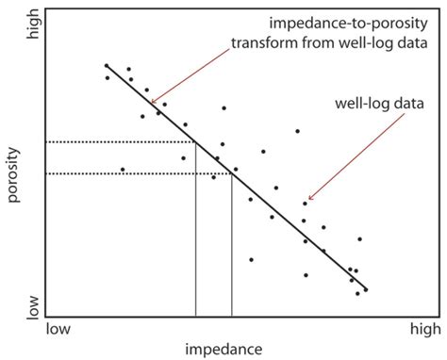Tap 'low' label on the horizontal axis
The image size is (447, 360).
58,330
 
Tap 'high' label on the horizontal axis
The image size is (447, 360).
423,330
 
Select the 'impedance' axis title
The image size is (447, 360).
223,349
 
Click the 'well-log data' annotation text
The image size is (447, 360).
376,103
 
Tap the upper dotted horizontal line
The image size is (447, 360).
118,142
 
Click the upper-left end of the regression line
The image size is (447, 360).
106,66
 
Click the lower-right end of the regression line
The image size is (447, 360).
366,289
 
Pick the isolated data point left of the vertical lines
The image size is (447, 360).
123,170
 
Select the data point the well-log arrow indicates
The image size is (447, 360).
305,203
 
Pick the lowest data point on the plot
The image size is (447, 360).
357,294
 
